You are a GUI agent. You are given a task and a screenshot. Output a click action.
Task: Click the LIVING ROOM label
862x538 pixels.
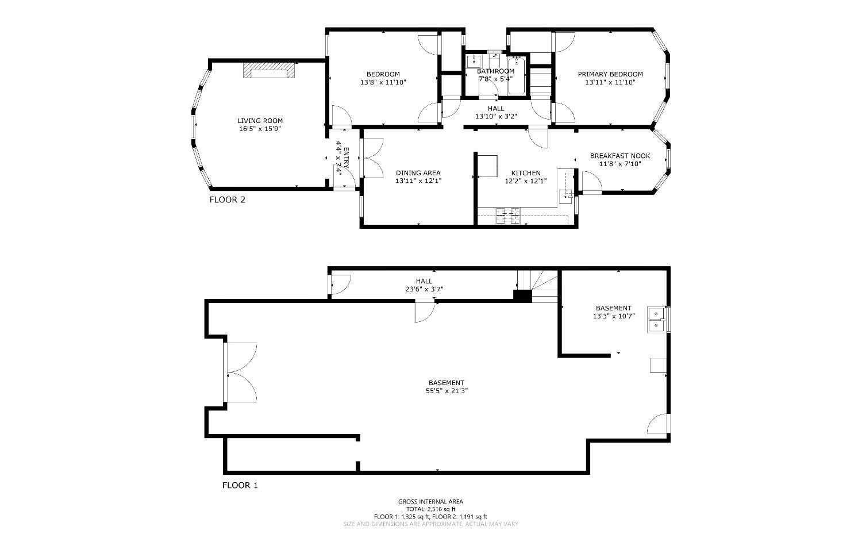[x=260, y=121]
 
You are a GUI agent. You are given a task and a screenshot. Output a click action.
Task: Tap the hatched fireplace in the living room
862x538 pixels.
[x=269, y=71]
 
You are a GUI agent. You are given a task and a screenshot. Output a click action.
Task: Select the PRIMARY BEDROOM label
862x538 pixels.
[x=610, y=74]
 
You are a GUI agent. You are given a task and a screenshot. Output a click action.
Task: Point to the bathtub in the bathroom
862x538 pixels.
[x=517, y=76]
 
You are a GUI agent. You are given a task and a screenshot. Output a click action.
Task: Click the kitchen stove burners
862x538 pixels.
[x=507, y=216]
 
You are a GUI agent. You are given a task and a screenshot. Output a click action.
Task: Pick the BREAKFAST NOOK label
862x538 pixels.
[x=620, y=156]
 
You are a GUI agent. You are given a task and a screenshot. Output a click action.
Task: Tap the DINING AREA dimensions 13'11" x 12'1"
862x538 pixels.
[x=418, y=181]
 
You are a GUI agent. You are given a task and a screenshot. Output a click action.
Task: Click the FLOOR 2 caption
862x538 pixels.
[x=228, y=199]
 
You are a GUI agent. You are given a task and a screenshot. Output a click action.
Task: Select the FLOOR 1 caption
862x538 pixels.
[x=240, y=485]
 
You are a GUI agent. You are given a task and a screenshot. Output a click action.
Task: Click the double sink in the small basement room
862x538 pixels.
[x=656, y=320]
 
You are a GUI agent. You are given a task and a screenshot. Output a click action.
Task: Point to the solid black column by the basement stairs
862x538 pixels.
[x=522, y=296]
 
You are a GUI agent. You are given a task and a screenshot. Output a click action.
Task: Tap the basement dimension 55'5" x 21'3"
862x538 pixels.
[x=447, y=391]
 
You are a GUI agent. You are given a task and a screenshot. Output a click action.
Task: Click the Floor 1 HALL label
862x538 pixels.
[x=424, y=281]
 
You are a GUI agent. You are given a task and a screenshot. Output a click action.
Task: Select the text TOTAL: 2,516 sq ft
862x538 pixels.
[x=430, y=509]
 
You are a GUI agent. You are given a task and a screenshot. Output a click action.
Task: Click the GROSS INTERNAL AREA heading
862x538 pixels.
[x=430, y=501]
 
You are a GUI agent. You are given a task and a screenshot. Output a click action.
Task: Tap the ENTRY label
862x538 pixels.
[x=346, y=158]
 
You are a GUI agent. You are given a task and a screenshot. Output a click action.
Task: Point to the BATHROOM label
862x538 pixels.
[x=495, y=71]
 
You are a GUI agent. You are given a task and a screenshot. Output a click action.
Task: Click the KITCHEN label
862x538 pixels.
[x=526, y=173]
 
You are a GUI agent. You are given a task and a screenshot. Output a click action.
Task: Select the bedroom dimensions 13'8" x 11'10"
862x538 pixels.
[x=383, y=82]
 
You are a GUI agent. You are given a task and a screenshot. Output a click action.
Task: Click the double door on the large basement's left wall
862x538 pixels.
[x=241, y=372]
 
